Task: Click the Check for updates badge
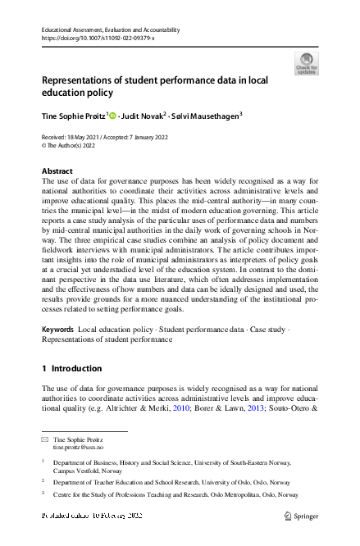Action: (x=306, y=63)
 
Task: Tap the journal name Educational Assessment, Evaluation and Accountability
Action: (x=109, y=30)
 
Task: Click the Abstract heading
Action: (x=57, y=171)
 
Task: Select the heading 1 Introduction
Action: (x=71, y=368)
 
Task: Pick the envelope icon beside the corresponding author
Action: (x=44, y=440)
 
